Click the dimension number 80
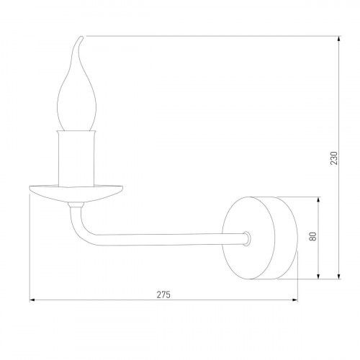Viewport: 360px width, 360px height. tap(312, 237)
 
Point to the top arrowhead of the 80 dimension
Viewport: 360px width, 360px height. tap(318, 198)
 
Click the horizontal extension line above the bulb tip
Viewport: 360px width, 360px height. tap(216, 36)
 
